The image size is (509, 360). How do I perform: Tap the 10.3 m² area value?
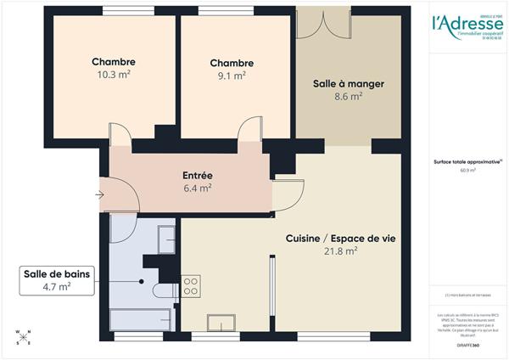114,75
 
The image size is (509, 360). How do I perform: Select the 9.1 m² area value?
232,75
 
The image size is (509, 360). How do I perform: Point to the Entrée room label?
197,176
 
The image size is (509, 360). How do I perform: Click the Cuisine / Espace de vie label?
340,239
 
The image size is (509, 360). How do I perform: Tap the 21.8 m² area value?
340,251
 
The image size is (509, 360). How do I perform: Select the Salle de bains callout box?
58,280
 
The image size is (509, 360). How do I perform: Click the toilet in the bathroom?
163,290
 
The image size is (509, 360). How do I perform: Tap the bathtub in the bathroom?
141,321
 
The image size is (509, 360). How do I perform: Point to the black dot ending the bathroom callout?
142,281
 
